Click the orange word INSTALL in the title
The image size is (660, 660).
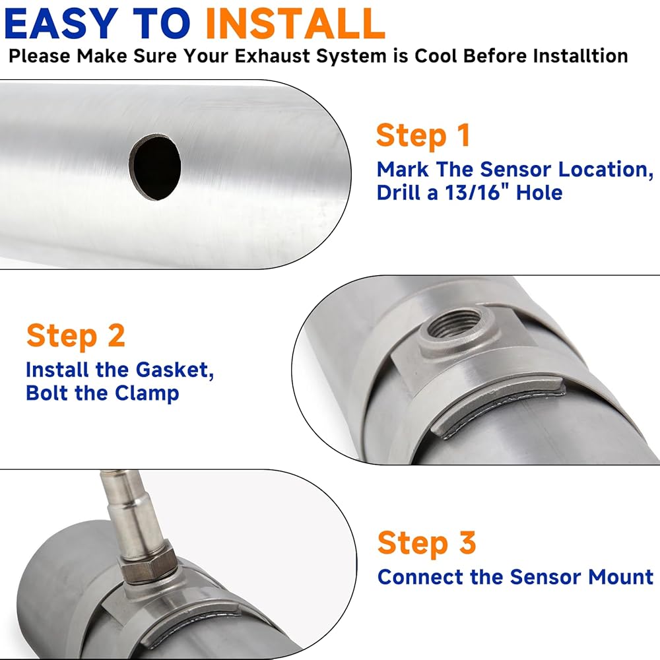[295, 24]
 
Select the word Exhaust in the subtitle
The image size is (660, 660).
[272, 55]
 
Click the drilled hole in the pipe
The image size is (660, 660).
[156, 168]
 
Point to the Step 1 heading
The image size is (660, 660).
[423, 135]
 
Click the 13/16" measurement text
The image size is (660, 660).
[471, 192]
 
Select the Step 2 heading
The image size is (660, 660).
[76, 336]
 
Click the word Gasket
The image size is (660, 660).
[175, 370]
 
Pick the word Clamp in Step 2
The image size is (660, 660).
[147, 393]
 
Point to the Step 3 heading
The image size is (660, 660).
[427, 543]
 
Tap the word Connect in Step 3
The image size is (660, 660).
[419, 577]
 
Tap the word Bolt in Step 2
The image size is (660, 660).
[46, 393]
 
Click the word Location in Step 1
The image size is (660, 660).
[605, 170]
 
